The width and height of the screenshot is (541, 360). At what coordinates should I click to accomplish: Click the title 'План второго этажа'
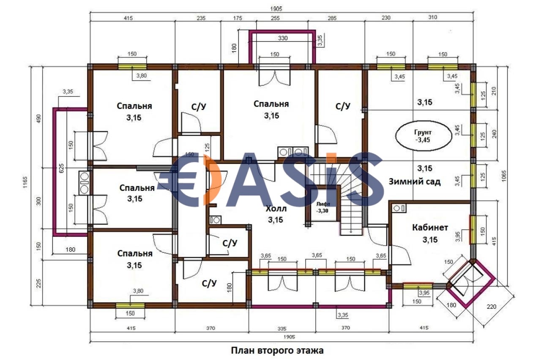(277, 350)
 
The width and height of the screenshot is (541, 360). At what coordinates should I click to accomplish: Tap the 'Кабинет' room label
(430, 228)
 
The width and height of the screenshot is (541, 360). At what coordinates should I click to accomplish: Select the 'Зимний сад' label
(415, 181)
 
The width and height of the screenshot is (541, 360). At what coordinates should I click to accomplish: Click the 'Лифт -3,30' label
(323, 207)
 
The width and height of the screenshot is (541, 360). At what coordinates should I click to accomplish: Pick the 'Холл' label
(276, 209)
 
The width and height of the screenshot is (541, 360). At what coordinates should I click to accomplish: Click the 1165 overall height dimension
(25, 183)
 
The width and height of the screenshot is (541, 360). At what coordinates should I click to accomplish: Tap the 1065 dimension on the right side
(504, 176)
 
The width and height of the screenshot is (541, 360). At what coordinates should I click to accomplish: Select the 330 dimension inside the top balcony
(283, 38)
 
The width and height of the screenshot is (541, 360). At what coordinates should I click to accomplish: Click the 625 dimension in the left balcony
(61, 168)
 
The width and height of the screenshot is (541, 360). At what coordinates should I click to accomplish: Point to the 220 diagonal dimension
(492, 307)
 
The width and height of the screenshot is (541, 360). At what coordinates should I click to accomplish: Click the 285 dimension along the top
(332, 18)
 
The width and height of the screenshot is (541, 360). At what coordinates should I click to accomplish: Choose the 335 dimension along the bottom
(282, 329)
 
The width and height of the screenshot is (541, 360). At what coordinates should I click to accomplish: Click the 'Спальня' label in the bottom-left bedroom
(135, 253)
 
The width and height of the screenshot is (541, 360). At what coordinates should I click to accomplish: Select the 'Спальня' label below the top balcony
(271, 104)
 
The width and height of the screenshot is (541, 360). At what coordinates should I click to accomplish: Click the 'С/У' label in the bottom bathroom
(209, 283)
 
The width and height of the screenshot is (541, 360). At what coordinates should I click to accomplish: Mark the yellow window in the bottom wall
(130, 305)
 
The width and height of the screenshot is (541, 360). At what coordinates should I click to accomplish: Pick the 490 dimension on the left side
(38, 118)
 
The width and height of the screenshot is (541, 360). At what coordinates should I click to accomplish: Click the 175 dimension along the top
(238, 18)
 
